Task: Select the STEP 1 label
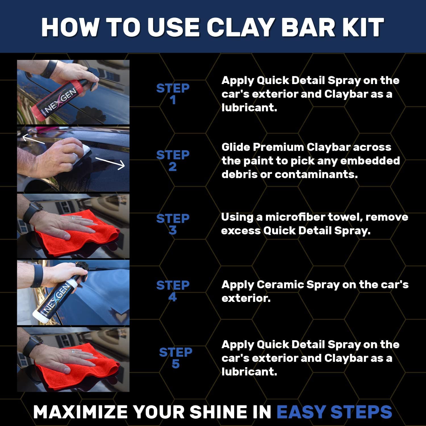pos(173,94)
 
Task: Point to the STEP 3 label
pos(173,224)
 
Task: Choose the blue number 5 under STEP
pos(176,364)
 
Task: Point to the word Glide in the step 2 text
pos(235,147)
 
